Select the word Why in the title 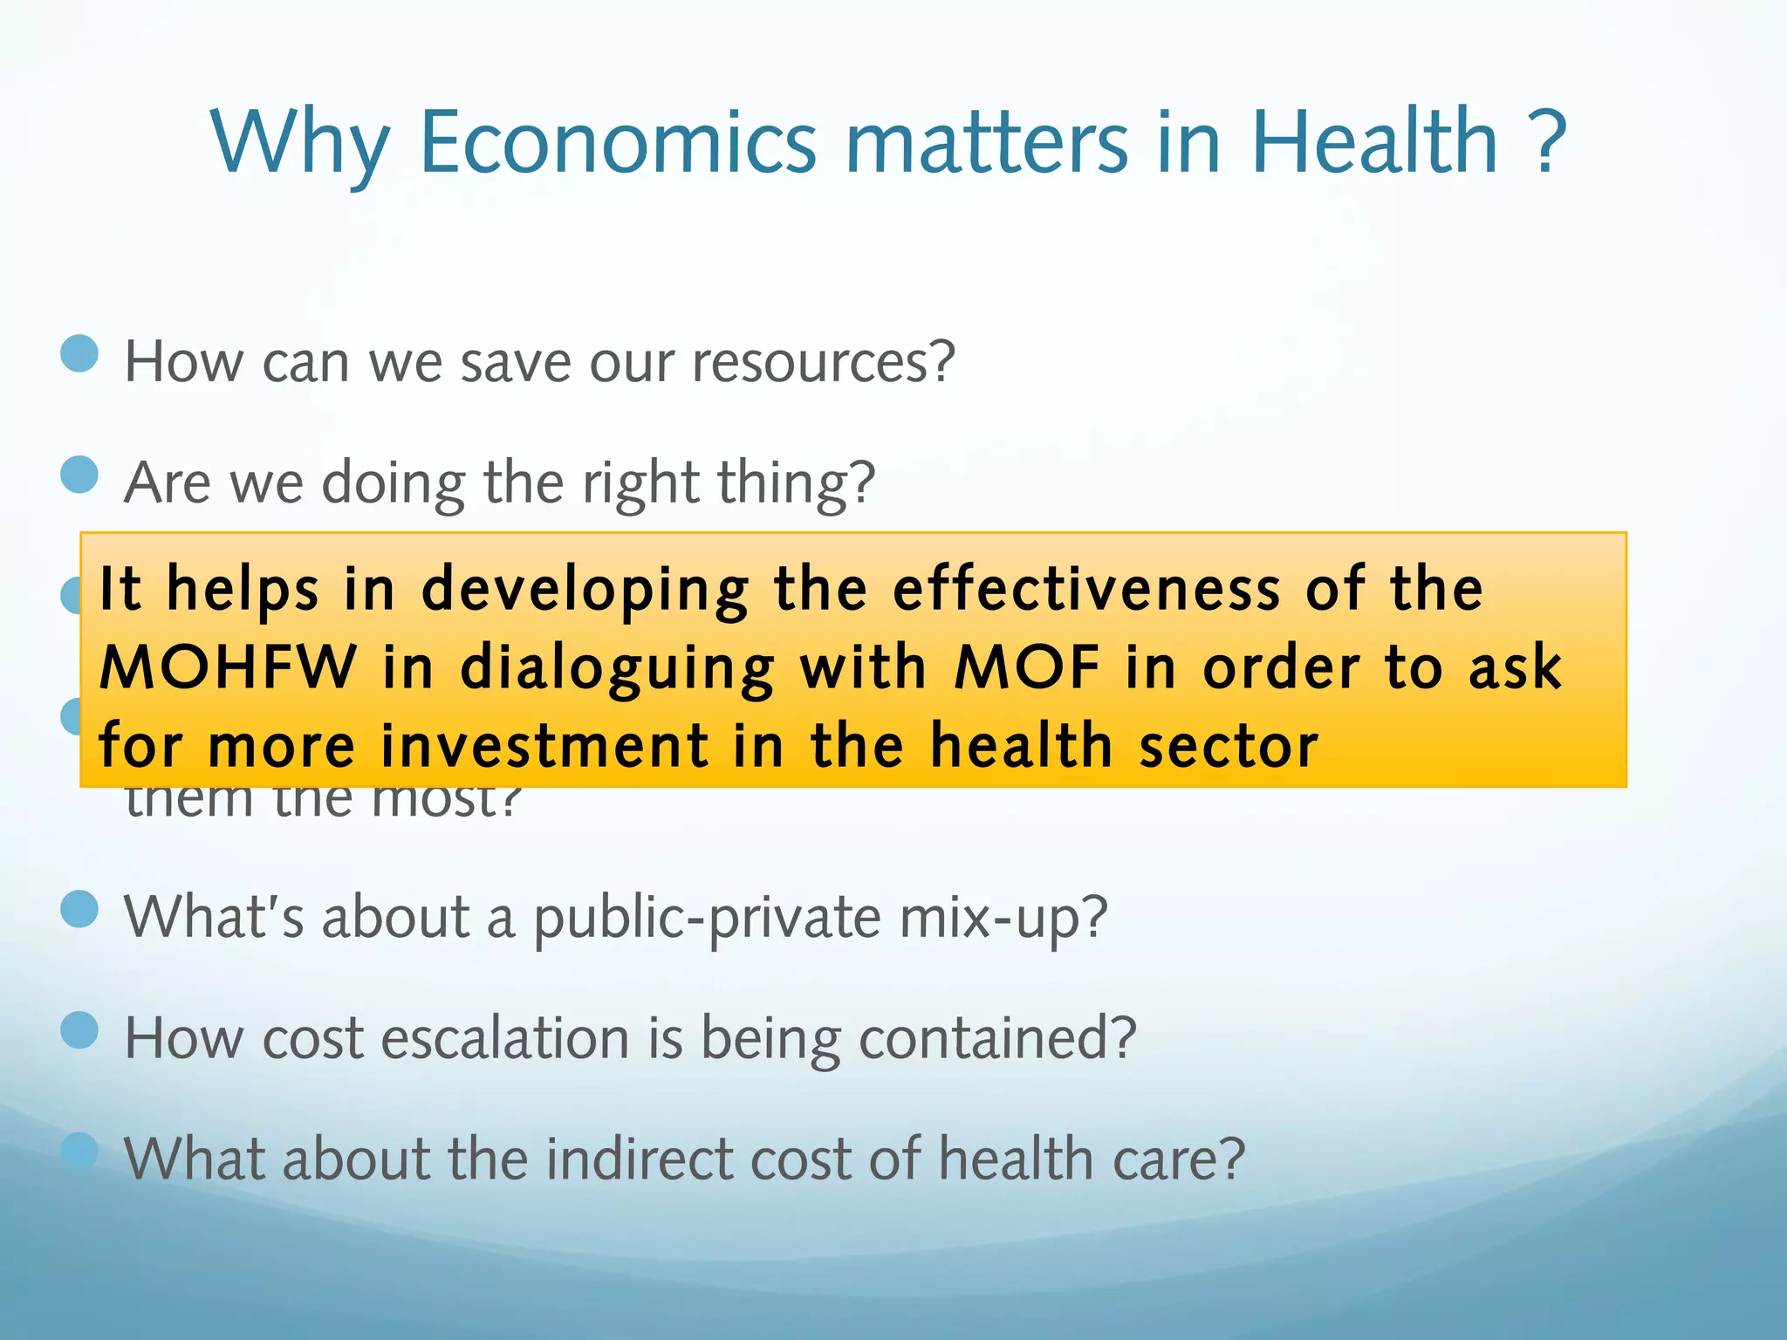pyautogui.click(x=298, y=145)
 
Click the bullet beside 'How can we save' pyautogui.click(x=80, y=355)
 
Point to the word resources pyautogui.click(x=823, y=362)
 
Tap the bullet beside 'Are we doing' pyautogui.click(x=80, y=475)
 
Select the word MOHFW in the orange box pyautogui.click(x=228, y=667)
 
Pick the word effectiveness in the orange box pyautogui.click(x=1087, y=589)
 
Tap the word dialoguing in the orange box pyautogui.click(x=617, y=669)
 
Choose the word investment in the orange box pyautogui.click(x=545, y=747)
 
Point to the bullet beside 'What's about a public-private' pyautogui.click(x=80, y=909)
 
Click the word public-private pyautogui.click(x=707, y=918)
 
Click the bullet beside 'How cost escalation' pyautogui.click(x=80, y=1030)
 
